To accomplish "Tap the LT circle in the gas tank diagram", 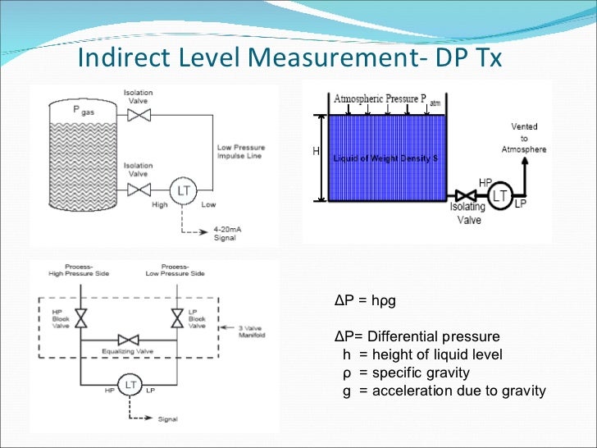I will pos(184,190).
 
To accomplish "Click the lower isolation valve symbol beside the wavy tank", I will pos(139,190).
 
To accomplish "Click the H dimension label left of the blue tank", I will pos(317,152).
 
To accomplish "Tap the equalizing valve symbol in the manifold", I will pos(129,340).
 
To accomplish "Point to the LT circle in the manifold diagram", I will pos(129,384).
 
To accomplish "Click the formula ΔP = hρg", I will pos(365,300).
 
